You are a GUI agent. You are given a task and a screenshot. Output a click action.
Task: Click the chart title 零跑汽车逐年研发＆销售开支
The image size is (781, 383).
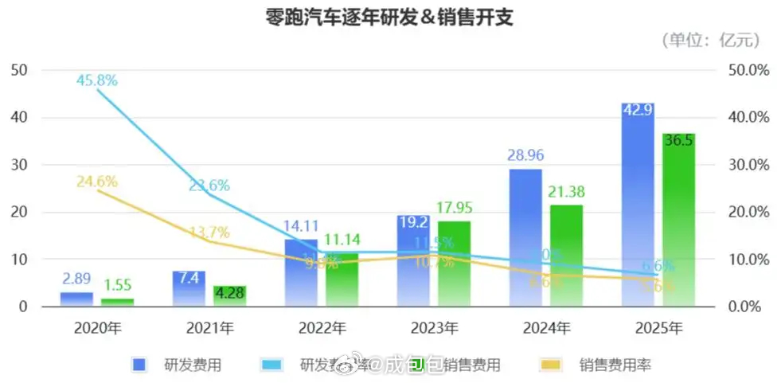389,18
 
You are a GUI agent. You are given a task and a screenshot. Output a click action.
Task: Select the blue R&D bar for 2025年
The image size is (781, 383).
638,207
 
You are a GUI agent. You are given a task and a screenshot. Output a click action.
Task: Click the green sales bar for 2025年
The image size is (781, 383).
678,223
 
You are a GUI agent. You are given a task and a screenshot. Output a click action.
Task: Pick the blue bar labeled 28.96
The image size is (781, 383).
525,239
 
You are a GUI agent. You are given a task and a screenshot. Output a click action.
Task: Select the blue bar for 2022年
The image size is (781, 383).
300,275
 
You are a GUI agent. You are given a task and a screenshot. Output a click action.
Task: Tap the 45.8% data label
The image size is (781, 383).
97,80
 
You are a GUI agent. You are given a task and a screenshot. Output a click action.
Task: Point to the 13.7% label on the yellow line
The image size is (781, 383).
209,233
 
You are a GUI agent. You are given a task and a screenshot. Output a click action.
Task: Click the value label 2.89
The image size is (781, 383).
76,279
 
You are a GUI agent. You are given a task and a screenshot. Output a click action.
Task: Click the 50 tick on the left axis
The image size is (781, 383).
19,70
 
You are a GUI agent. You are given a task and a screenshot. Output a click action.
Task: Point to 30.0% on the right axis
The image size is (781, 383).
749,165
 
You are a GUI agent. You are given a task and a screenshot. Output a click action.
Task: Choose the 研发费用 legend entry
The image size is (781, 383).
177,365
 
